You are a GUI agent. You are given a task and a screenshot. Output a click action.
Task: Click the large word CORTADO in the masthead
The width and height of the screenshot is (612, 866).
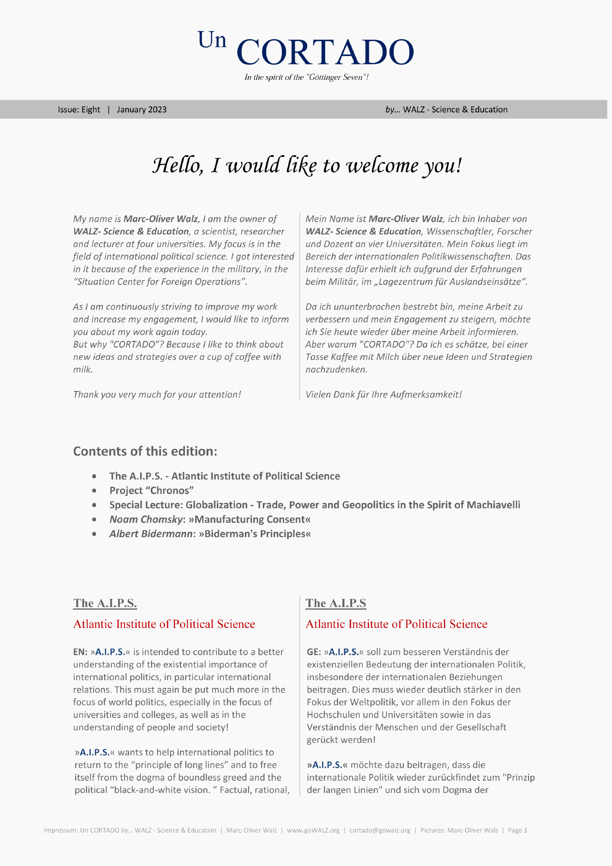point(325,51)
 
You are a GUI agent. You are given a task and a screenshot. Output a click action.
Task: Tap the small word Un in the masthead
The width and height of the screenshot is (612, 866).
point(212,40)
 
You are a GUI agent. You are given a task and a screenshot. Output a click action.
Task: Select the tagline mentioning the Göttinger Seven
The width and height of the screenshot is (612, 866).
point(306,77)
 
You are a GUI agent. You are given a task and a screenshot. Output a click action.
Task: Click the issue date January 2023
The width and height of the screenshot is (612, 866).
point(142,110)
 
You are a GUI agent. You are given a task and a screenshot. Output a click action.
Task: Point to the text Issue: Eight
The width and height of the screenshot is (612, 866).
point(79,110)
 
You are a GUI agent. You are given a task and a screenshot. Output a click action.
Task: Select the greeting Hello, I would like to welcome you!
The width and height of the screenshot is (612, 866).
point(307,166)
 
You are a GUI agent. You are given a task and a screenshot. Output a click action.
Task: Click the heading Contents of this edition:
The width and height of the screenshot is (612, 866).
point(145,451)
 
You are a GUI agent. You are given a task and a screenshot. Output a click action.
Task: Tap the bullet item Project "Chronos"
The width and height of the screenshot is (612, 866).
point(152,490)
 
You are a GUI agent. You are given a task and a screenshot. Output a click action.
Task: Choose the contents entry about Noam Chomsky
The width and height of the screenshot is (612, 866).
point(210,519)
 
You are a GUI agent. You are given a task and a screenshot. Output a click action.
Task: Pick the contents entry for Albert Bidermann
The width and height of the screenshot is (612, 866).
point(210,534)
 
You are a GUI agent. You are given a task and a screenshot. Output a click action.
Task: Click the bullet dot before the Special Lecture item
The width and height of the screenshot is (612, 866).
point(94,505)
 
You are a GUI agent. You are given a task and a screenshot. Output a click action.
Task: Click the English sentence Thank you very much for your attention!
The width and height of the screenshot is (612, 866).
point(157,395)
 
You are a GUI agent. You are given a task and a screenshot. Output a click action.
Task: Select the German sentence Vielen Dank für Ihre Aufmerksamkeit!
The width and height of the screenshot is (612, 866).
point(383,395)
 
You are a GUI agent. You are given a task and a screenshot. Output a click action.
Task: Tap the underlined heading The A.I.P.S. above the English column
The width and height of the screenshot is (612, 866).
point(105,603)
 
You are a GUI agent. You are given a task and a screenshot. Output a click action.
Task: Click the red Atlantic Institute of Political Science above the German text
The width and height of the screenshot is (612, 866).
point(396,624)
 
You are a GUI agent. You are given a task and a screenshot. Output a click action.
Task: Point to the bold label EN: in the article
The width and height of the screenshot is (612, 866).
point(80,652)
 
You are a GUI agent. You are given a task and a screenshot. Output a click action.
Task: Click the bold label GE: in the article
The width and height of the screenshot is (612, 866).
point(314,652)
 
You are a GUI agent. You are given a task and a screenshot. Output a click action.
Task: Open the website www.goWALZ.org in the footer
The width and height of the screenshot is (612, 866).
point(313,830)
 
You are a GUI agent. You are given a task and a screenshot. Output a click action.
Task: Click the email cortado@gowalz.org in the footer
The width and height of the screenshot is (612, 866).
point(380,830)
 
